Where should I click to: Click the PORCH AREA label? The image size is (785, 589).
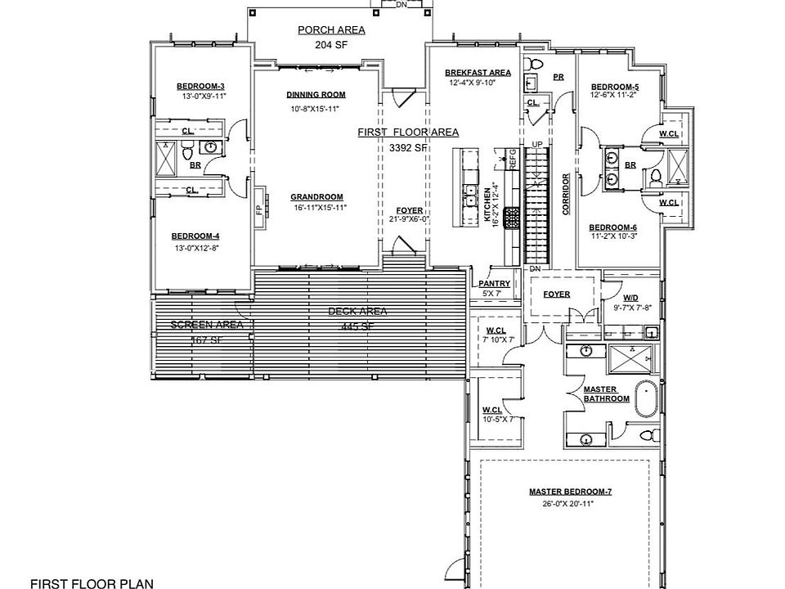pyautogui.click(x=331, y=30)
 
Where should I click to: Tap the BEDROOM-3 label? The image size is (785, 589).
pyautogui.click(x=201, y=86)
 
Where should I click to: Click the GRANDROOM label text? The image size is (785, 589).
pyautogui.click(x=316, y=196)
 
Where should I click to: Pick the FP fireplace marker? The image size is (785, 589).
pyautogui.click(x=259, y=209)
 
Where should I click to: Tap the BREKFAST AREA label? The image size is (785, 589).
pyautogui.click(x=478, y=73)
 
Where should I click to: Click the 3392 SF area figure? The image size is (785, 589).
pyautogui.click(x=408, y=148)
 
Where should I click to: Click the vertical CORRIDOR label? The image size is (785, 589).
pyautogui.click(x=566, y=193)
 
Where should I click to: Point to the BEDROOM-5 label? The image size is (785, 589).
pyautogui.click(x=615, y=87)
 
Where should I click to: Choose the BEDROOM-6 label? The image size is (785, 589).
pyautogui.click(x=613, y=227)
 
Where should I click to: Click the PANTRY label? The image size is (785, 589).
pyautogui.click(x=495, y=283)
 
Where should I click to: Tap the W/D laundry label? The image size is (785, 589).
pyautogui.click(x=630, y=299)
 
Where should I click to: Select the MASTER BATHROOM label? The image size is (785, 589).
pyautogui.click(x=606, y=393)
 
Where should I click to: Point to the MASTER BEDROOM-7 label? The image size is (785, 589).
pyautogui.click(x=571, y=492)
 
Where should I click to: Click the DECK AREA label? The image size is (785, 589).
pyautogui.click(x=357, y=311)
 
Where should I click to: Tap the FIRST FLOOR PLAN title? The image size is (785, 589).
pyautogui.click(x=91, y=582)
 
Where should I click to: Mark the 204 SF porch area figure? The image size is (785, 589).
pyautogui.click(x=330, y=46)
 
